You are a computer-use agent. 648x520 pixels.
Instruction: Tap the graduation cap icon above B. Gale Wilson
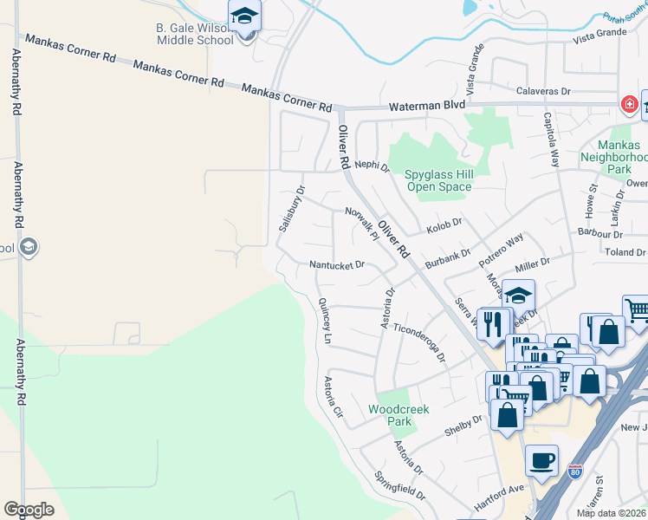244,16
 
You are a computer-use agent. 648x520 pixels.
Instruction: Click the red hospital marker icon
628,105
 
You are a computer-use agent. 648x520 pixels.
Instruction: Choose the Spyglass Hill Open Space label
438,180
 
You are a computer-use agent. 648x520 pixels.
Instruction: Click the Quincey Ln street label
325,322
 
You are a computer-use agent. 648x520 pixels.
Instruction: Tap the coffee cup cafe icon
542,460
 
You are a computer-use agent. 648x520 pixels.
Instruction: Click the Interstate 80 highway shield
574,472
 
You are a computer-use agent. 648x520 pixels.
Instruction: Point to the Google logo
29,509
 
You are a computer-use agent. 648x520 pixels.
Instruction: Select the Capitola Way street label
552,139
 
